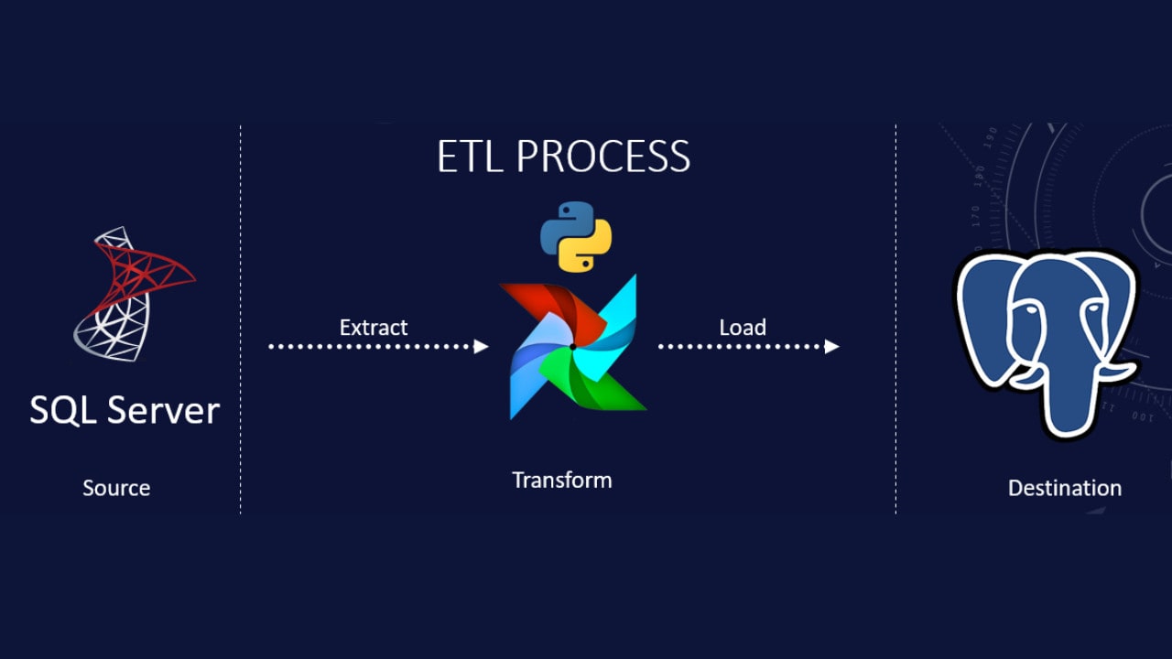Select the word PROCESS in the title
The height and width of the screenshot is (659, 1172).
(x=603, y=156)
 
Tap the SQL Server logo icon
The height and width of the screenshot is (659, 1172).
(x=135, y=294)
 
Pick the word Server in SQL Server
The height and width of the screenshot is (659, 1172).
(x=164, y=409)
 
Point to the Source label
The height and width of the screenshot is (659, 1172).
(x=116, y=488)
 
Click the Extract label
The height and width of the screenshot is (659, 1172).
(x=373, y=328)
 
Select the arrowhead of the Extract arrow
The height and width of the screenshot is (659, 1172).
(x=481, y=346)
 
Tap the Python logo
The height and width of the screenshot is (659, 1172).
(x=576, y=236)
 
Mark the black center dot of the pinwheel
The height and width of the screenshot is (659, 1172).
(x=573, y=347)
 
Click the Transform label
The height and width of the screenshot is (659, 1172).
(x=562, y=481)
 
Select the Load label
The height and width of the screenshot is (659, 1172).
(x=743, y=328)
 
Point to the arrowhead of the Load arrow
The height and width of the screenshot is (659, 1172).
(x=832, y=346)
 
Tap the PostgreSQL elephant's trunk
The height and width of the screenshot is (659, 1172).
(x=1068, y=387)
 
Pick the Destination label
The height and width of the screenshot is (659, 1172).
(x=1065, y=488)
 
